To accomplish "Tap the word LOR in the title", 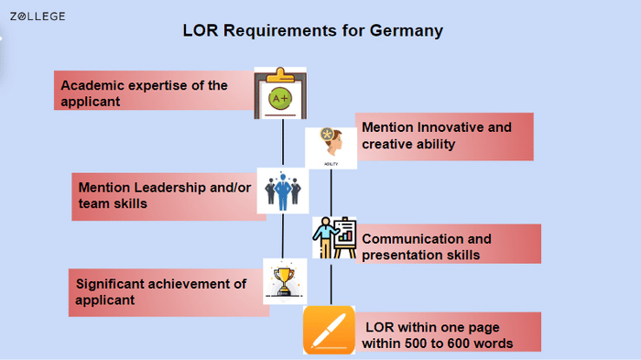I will pyautogui.click(x=200, y=31).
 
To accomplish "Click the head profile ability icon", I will pyautogui.click(x=330, y=147).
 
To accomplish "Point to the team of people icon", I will pyautogui.click(x=282, y=190).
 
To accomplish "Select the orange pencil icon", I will pyautogui.click(x=329, y=331).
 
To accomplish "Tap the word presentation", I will pyautogui.click(x=403, y=255).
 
